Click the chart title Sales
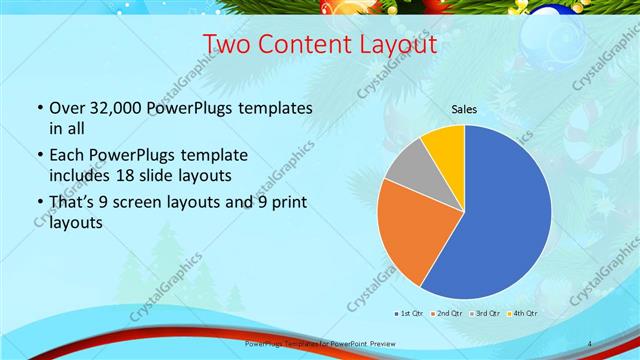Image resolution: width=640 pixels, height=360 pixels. click(463, 108)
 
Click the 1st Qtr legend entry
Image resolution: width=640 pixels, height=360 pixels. click(413, 313)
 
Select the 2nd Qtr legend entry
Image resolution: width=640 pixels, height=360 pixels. click(448, 313)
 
